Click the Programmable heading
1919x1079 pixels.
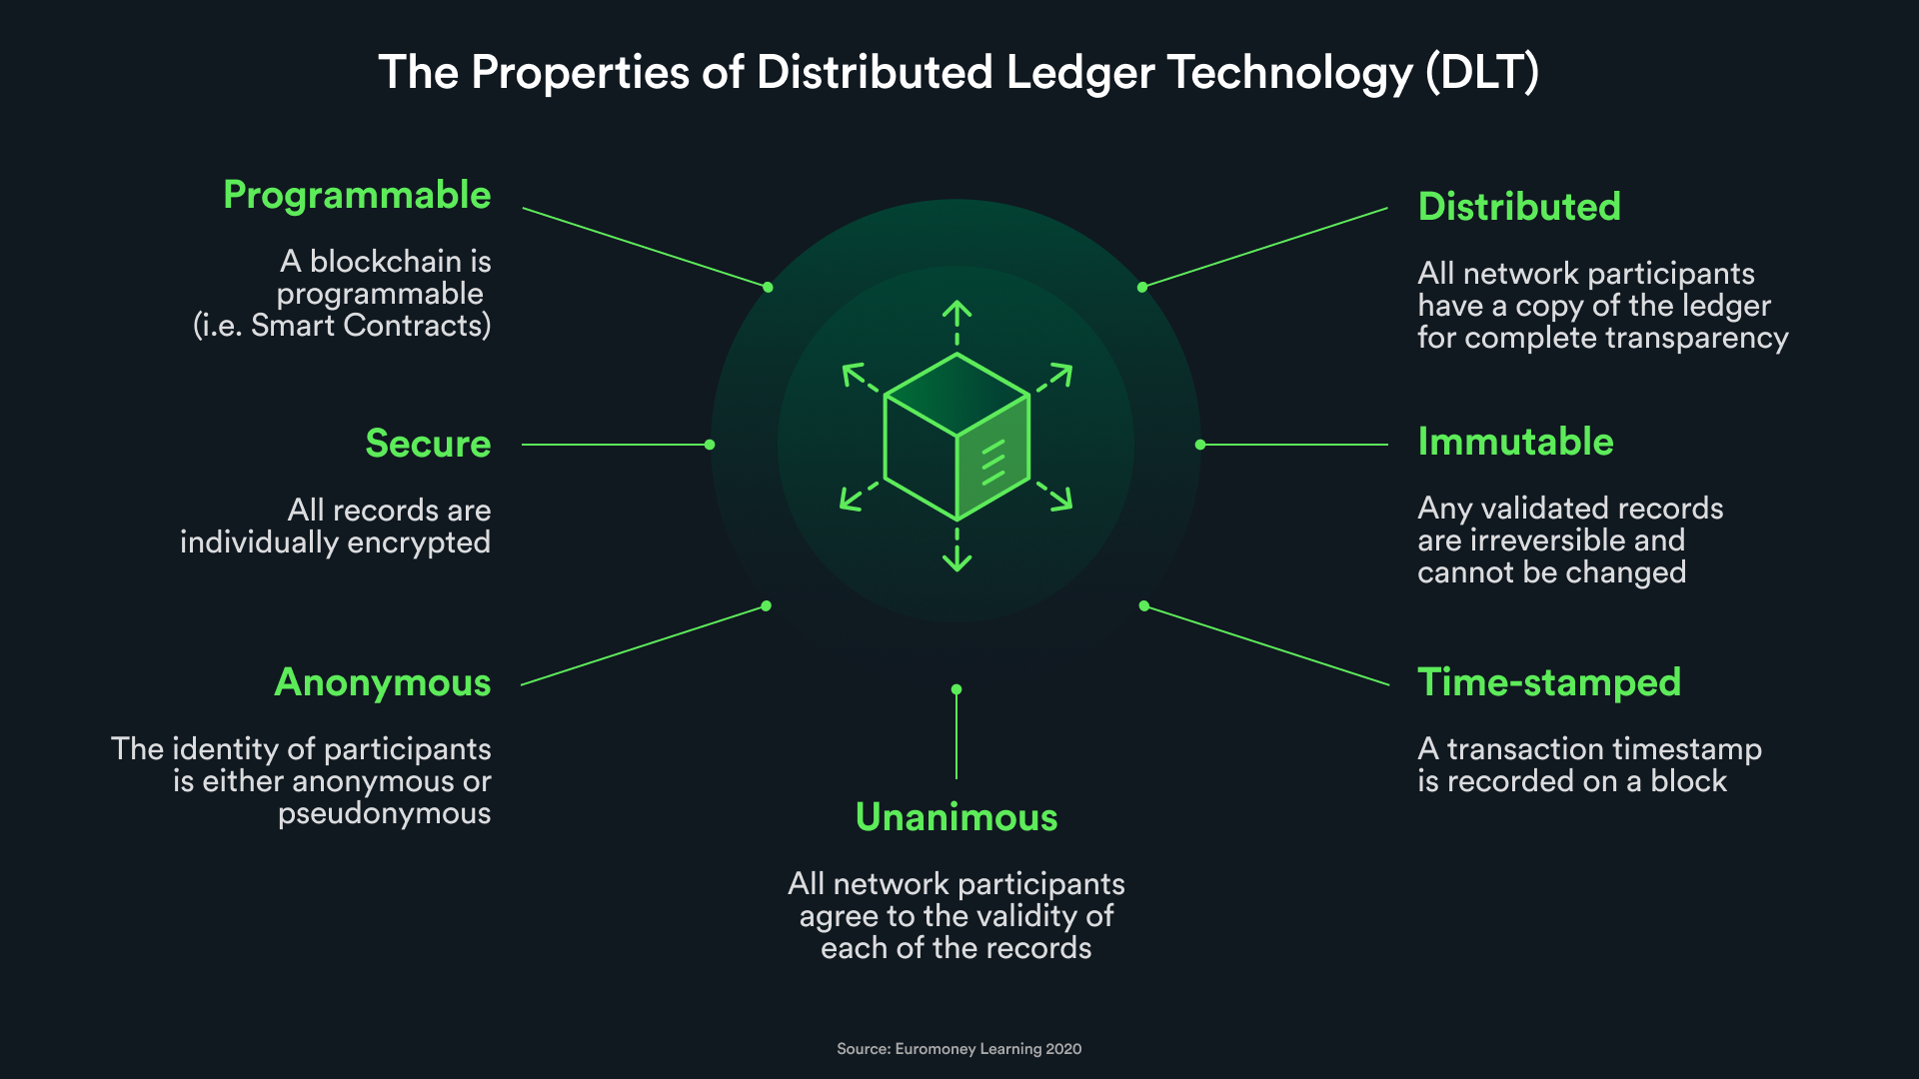click(x=357, y=196)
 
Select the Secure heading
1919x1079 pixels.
click(x=428, y=444)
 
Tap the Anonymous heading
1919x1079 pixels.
click(x=383, y=683)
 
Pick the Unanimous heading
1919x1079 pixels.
click(x=957, y=817)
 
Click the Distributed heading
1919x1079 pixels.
click(x=1519, y=207)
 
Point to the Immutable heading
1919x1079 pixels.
click(x=1515, y=442)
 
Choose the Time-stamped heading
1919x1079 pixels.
click(x=1549, y=682)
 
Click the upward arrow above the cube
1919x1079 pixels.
click(x=958, y=323)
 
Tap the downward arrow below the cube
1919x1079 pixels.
click(x=958, y=550)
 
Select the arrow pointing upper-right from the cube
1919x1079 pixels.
click(x=1054, y=378)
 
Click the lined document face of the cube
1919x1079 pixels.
click(x=993, y=459)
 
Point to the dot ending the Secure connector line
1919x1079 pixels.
click(x=710, y=445)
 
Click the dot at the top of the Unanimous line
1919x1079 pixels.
click(x=957, y=689)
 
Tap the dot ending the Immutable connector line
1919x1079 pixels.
click(x=1200, y=445)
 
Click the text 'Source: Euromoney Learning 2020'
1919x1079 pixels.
click(x=959, y=1049)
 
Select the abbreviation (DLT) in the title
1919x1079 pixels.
click(x=1482, y=73)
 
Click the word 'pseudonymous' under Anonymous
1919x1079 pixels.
click(x=385, y=814)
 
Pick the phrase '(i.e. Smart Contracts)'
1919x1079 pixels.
click(x=342, y=326)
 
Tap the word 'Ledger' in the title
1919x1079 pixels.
click(x=1080, y=73)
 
